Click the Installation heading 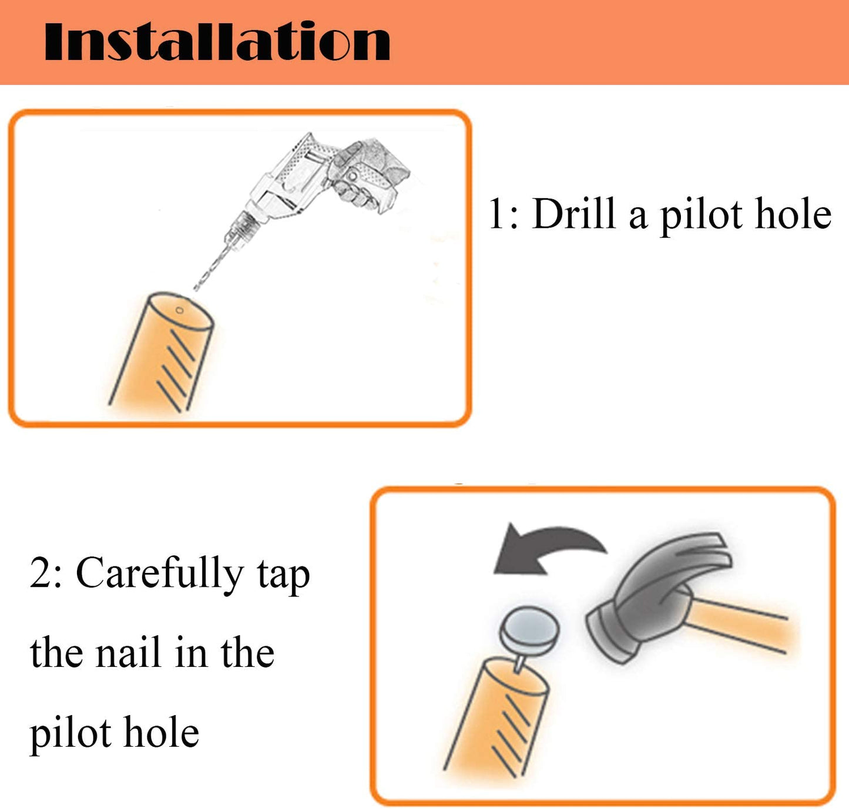[x=217, y=41]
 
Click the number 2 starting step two [x=41, y=573]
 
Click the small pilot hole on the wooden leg [x=180, y=310]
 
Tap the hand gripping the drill [x=367, y=175]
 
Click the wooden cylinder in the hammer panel [x=496, y=721]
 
